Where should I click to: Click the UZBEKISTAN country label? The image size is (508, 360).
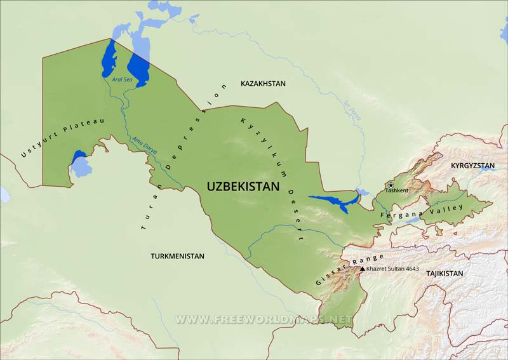coord(243,187)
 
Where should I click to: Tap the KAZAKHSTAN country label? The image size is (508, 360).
coord(263,84)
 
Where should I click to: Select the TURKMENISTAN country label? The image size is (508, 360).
coord(177,257)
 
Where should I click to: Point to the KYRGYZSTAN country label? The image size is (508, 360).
coord(472,166)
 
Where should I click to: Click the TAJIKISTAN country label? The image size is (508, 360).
coord(444,273)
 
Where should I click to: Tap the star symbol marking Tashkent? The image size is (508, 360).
coord(391,185)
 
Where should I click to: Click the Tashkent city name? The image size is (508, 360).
coord(397,190)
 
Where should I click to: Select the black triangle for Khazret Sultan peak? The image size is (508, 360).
coord(363,269)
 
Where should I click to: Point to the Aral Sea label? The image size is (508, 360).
coord(121,81)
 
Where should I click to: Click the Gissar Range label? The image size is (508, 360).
coord(351,269)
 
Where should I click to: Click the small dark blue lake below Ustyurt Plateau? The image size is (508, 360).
coord(79,156)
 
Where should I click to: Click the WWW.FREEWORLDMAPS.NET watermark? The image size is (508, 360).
coord(264,318)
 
